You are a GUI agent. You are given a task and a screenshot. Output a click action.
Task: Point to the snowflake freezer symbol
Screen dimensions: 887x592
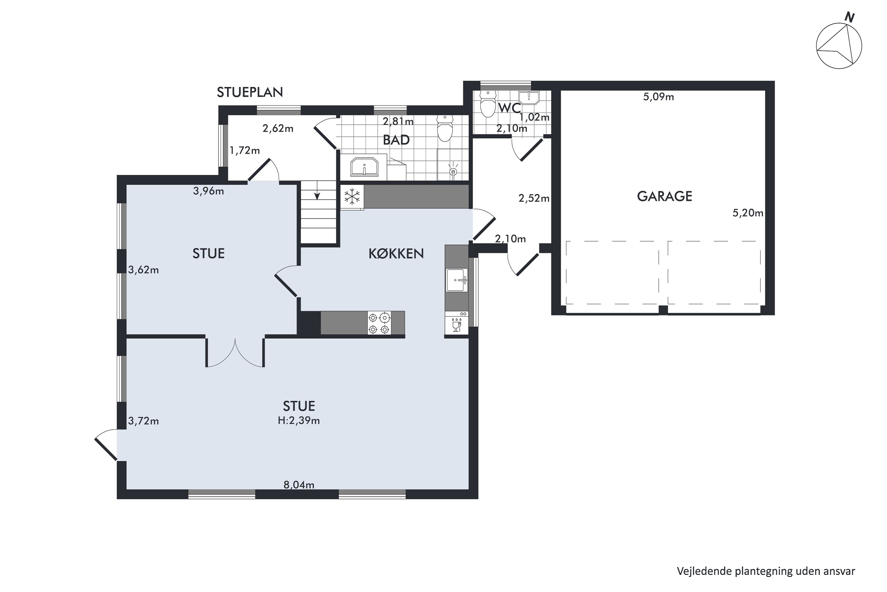[x=352, y=197]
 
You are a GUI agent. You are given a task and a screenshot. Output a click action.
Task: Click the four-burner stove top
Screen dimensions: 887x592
[x=379, y=323]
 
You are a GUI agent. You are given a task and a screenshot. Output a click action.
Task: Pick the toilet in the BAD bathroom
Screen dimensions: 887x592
[x=445, y=128]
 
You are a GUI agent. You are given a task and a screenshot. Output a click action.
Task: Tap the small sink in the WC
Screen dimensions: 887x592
[x=529, y=97]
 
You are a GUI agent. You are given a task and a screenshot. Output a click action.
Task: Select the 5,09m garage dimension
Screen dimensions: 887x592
[x=658, y=97]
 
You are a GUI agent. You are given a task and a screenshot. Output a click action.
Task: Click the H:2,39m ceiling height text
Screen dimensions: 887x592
[x=299, y=420]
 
